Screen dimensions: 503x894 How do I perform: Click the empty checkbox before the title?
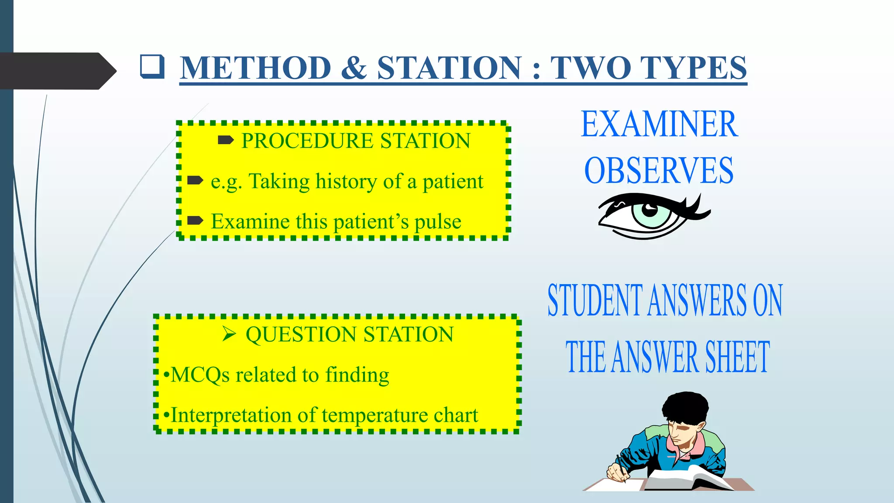pos(152,67)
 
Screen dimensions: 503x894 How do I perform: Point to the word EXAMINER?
pos(659,124)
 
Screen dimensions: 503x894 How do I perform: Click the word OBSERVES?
pos(659,170)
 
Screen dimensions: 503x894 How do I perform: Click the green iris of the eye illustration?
pos(650,214)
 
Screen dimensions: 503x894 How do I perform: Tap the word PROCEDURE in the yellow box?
pos(307,141)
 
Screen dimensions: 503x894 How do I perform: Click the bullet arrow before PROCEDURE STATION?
pos(226,140)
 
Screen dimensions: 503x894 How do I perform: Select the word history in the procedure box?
pos(346,181)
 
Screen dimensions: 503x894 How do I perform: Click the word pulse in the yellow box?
pos(437,221)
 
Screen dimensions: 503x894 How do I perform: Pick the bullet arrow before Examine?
pos(195,220)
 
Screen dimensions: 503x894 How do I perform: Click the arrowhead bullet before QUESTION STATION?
pos(229,334)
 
